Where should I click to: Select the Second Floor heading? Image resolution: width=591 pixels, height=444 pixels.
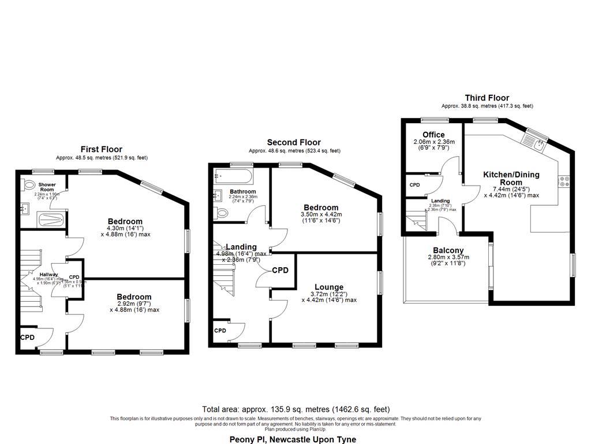point(294,142)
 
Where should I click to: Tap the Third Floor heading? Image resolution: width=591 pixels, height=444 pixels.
point(487,98)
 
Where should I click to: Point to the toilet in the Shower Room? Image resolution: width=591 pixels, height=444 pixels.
point(29,186)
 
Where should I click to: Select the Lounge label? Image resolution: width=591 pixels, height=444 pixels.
point(329,287)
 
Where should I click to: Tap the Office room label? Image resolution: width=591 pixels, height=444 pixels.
point(433,135)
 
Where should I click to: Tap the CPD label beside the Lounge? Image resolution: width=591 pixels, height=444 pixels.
point(280,270)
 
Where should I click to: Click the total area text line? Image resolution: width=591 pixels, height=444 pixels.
point(295,409)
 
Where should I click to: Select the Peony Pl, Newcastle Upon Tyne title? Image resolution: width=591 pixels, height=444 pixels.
point(293,439)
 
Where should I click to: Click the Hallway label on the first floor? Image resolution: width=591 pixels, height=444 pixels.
point(48,275)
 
